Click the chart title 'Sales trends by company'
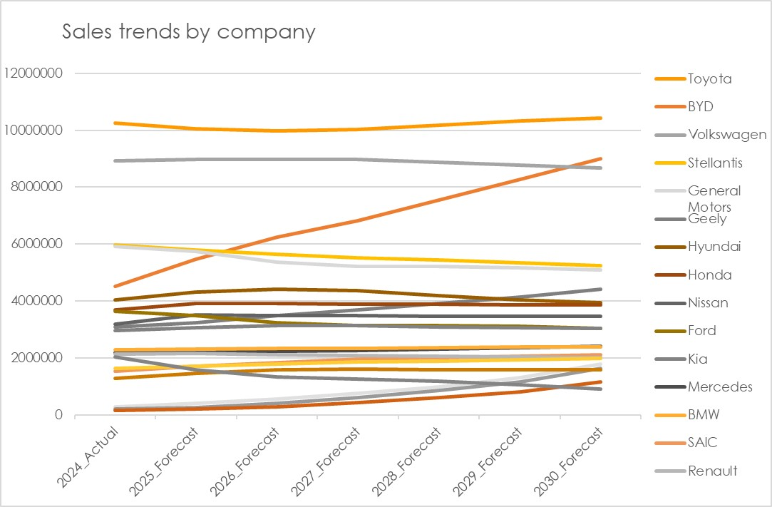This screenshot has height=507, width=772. tap(188, 32)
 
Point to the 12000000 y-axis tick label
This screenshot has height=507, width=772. tap(34, 73)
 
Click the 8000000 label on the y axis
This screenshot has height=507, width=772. tap(36, 187)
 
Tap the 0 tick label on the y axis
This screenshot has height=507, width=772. tap(59, 415)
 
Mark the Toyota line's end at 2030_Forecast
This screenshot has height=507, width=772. tap(602, 118)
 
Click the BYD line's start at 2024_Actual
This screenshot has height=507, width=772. tap(115, 286)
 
